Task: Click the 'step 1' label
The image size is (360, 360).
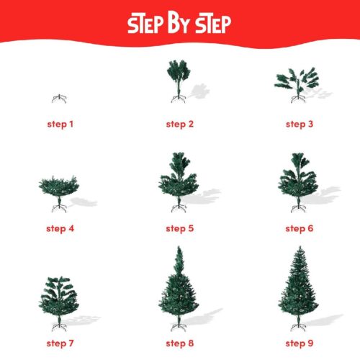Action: [x=60, y=124]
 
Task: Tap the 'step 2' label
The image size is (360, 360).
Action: [x=179, y=124]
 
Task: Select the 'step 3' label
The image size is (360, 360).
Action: [x=299, y=124]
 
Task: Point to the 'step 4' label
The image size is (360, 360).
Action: [x=60, y=229]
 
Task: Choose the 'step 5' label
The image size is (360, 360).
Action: [x=179, y=229]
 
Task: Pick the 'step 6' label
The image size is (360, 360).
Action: [x=299, y=229]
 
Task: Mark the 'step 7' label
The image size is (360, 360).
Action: [x=60, y=341]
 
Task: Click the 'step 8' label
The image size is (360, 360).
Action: [x=179, y=341]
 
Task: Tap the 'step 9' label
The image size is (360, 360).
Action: [x=299, y=341]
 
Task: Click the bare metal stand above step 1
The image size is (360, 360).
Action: [x=59, y=98]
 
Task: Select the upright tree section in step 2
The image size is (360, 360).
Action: [x=177, y=74]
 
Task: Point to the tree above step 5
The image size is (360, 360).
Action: [x=178, y=180]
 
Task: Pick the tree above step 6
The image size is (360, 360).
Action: [x=297, y=180]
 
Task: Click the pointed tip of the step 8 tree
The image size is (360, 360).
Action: [x=178, y=249]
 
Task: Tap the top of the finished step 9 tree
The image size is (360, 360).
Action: [x=297, y=249]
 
